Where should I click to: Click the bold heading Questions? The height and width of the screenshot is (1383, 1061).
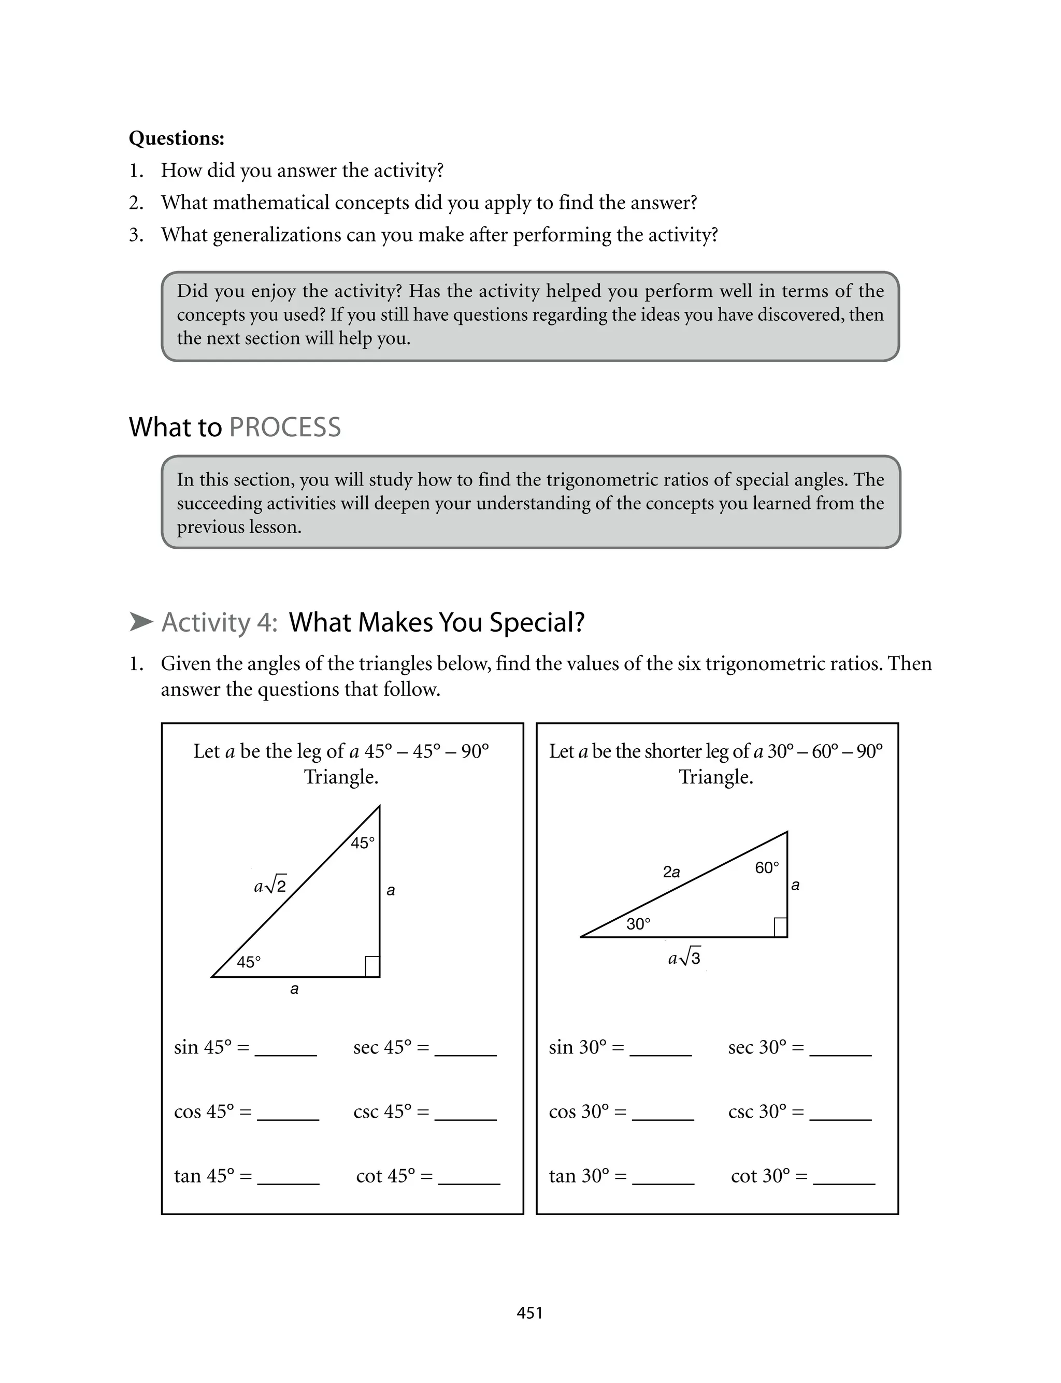click(176, 138)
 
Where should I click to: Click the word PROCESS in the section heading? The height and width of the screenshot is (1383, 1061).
click(285, 427)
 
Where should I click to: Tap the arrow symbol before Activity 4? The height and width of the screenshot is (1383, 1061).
click(141, 622)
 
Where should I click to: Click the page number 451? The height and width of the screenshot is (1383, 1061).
click(529, 1313)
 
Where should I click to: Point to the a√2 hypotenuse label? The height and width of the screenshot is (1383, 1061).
click(270, 886)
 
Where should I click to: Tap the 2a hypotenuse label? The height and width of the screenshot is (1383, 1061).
click(671, 872)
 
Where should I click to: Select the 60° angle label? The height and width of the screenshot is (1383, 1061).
click(767, 868)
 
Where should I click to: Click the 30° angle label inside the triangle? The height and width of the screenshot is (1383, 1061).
click(638, 924)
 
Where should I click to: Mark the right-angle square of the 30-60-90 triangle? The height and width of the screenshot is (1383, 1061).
click(780, 927)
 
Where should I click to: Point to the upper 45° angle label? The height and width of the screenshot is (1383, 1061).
click(363, 843)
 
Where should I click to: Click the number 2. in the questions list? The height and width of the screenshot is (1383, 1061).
click(136, 203)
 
